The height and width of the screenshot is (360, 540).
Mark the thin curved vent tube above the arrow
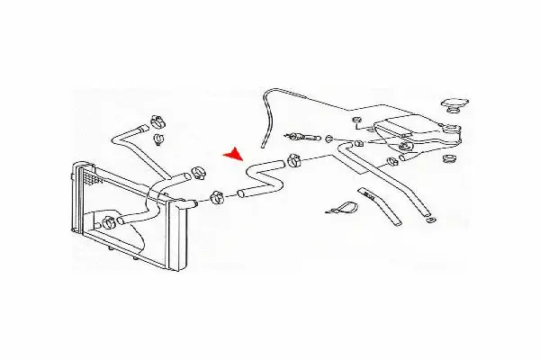coord(265,112)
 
